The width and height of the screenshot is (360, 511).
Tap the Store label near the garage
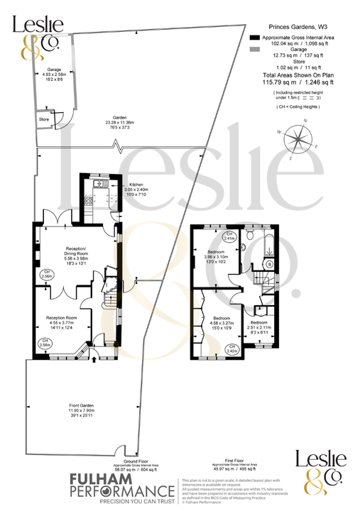tap(44, 119)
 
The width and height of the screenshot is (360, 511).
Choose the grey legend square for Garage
tap(255, 49)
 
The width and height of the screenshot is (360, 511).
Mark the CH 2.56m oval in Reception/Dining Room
tap(46, 275)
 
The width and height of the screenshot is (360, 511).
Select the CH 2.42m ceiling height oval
tap(231, 349)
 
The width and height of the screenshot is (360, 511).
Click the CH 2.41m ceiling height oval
tap(229, 237)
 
